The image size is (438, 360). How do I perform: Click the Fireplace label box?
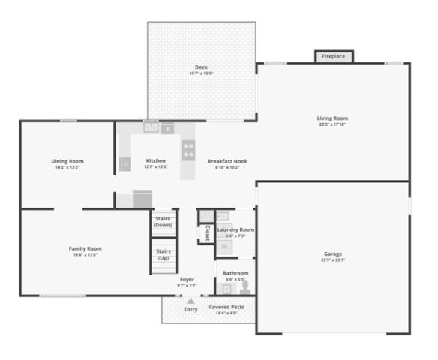click(334, 56)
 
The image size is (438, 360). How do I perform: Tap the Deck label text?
click(201, 67)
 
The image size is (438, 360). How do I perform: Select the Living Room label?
click(332, 118)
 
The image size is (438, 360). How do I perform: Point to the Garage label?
click(333, 253)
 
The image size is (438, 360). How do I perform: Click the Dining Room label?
click(67, 161)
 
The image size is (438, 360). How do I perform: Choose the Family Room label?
click(85, 248)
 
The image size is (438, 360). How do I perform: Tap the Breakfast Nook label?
click(227, 161)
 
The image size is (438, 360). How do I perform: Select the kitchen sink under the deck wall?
click(151, 127)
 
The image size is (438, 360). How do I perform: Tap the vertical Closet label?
click(207, 232)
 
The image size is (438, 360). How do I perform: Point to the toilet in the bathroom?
click(244, 286)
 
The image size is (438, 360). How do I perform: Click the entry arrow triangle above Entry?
click(190, 301)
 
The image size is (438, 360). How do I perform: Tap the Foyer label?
click(187, 279)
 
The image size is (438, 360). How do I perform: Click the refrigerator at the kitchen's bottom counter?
click(142, 199)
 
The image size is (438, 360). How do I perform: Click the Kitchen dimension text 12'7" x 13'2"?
click(156, 167)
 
